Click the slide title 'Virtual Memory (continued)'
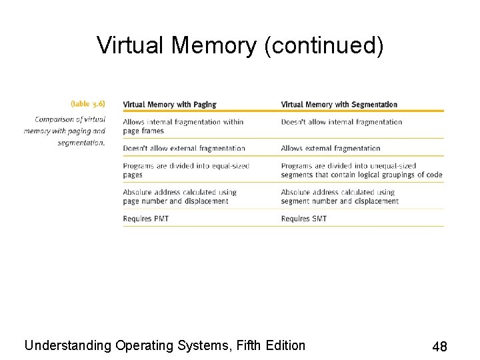pyautogui.click(x=240, y=45)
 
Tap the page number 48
pyautogui.click(x=439, y=347)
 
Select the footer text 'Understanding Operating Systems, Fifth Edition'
pyautogui.click(x=165, y=345)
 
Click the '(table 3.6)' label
pyautogui.click(x=87, y=104)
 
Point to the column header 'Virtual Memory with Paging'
pyautogui.click(x=169, y=105)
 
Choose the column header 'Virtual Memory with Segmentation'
pyautogui.click(x=339, y=105)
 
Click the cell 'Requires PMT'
pyautogui.click(x=146, y=219)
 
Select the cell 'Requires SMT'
pyautogui.click(x=304, y=219)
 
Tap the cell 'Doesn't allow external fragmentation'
pyautogui.click(x=184, y=149)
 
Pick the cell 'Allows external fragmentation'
pyautogui.click(x=331, y=149)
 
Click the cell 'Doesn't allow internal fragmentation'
pyautogui.click(x=341, y=122)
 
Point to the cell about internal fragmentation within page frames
pyautogui.click(x=183, y=126)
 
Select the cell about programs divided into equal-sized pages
pyautogui.click(x=185, y=170)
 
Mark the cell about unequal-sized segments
pyautogui.click(x=361, y=170)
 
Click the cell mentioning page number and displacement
pyautogui.click(x=179, y=197)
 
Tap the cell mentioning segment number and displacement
pyautogui.click(x=339, y=197)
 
